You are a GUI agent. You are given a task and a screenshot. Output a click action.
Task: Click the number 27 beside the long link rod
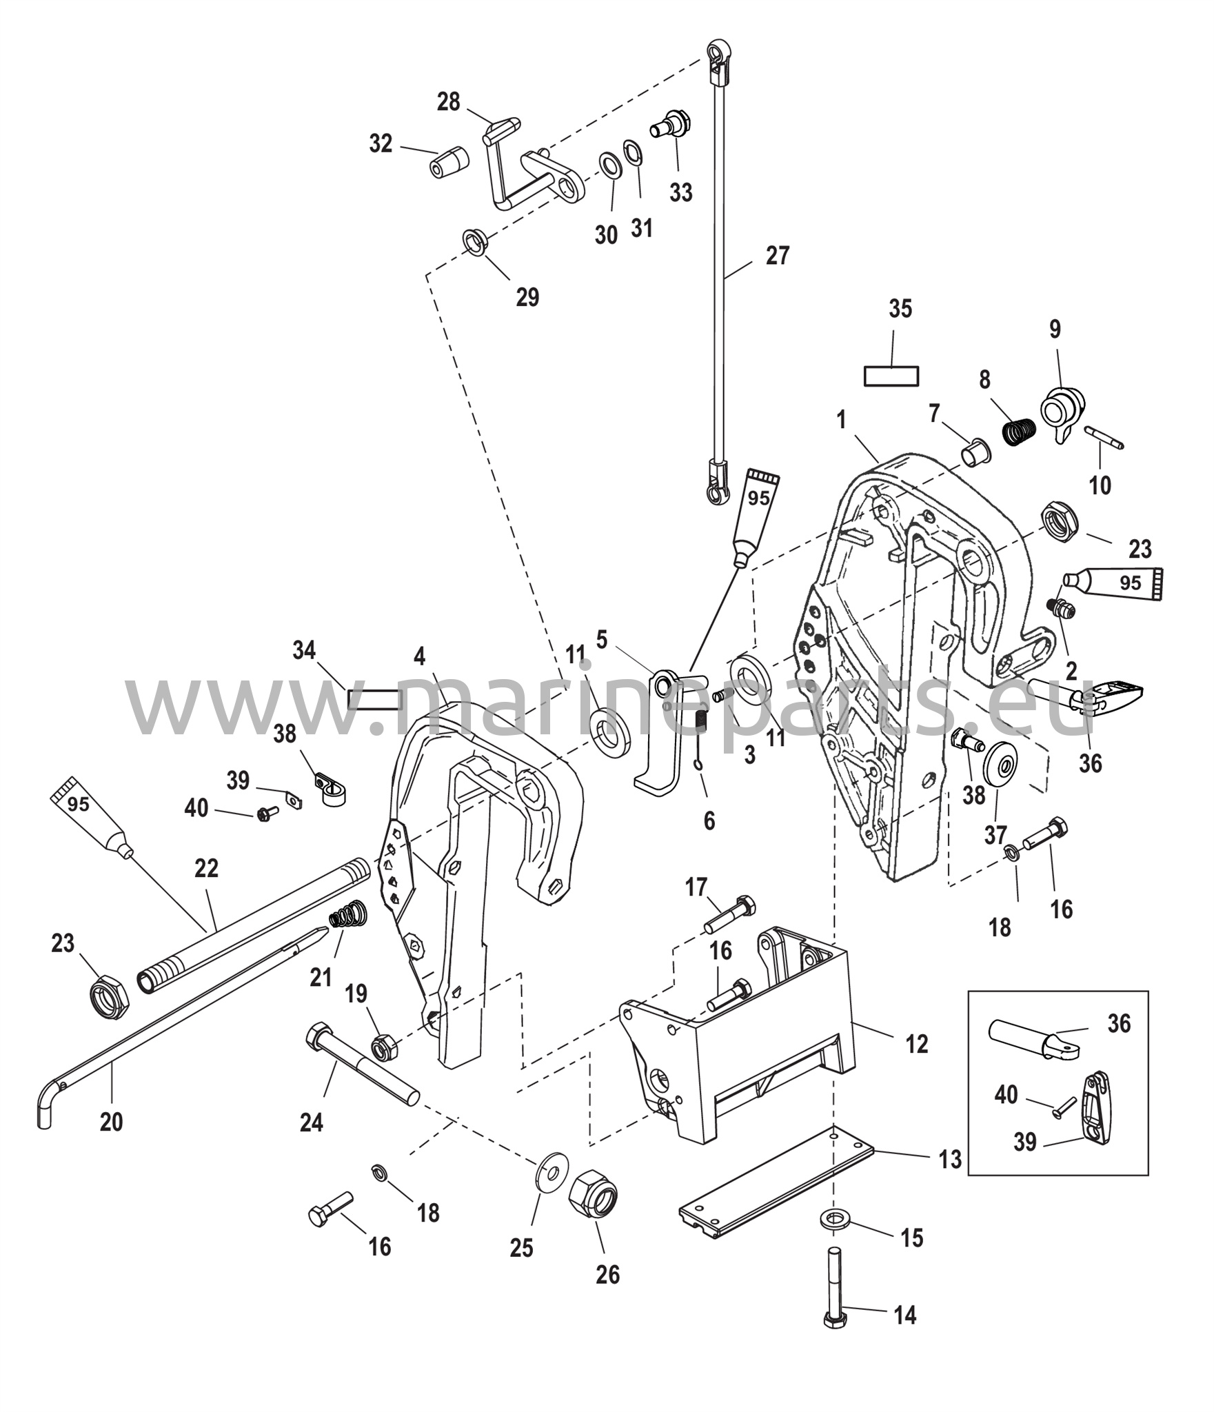click(x=777, y=256)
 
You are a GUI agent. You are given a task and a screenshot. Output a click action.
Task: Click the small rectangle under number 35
click(x=891, y=376)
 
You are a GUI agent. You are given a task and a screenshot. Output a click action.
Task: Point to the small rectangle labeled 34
click(x=374, y=700)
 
